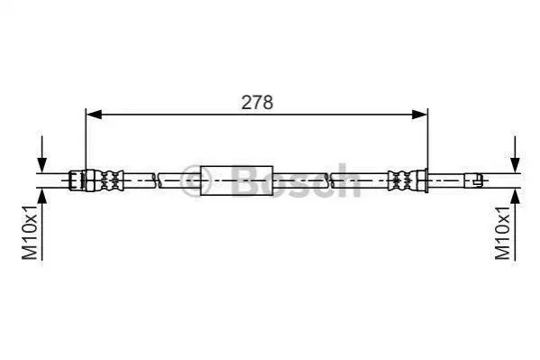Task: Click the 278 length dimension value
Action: (257, 103)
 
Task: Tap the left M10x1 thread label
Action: (30, 232)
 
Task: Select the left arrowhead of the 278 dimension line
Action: (94, 115)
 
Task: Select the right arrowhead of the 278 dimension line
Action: (419, 115)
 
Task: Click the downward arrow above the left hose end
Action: (42, 153)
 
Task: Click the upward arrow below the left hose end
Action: (42, 224)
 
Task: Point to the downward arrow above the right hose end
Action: (515, 153)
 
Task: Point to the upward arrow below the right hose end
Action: (515, 224)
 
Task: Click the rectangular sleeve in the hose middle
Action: (236, 180)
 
